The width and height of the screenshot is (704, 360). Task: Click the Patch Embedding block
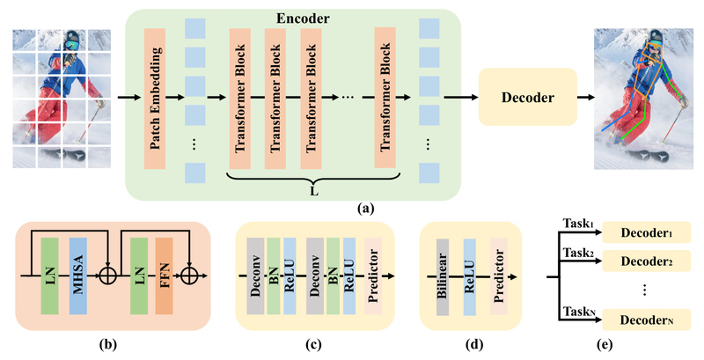point(155,98)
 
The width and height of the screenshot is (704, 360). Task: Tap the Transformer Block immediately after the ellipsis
point(384,98)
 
